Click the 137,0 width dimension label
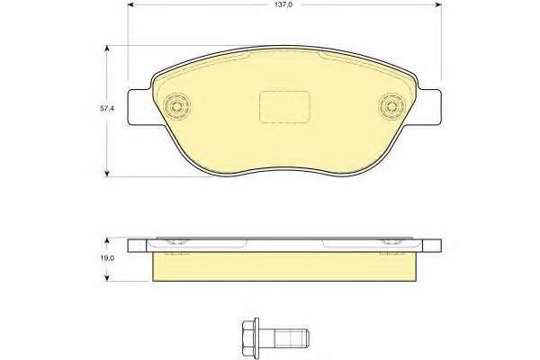pyautogui.click(x=283, y=4)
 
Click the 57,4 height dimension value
pyautogui.click(x=107, y=109)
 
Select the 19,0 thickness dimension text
pyautogui.click(x=107, y=258)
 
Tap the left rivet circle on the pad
pyautogui.click(x=177, y=106)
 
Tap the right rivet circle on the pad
pyautogui.click(x=391, y=106)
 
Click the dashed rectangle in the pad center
pyautogui.click(x=284, y=107)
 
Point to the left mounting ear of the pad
pyautogui.click(x=140, y=107)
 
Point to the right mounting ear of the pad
pyautogui.click(x=429, y=107)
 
